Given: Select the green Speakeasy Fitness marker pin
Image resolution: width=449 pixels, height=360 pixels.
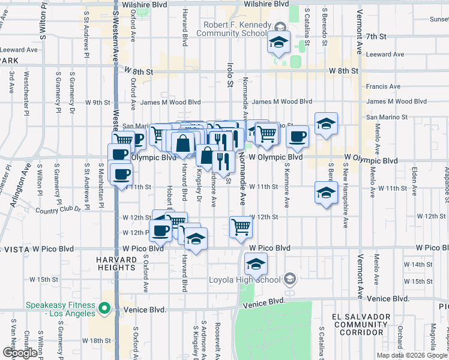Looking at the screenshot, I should [104, 309].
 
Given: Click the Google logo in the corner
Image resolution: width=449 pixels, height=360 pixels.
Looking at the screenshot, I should [20, 353].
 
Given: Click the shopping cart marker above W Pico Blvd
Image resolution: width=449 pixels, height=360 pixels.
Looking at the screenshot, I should [240, 227].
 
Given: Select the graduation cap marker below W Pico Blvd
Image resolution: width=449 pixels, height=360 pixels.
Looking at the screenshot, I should [256, 264].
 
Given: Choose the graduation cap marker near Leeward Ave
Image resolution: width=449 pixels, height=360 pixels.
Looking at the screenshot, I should [279, 43].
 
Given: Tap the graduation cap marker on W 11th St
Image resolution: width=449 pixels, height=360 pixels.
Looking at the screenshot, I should [325, 193].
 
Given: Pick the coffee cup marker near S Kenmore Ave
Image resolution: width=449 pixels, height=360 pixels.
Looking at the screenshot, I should [297, 137].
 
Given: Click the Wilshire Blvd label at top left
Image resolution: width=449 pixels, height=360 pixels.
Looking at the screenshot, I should [143, 4].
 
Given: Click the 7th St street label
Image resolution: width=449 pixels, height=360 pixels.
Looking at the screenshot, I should [378, 37].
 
